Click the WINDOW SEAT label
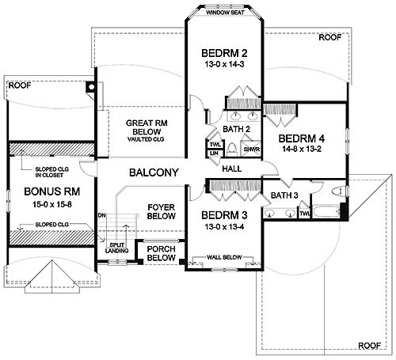(x=225, y=13)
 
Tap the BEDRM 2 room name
(x=224, y=53)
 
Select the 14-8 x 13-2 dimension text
(x=302, y=149)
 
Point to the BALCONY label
(x=154, y=172)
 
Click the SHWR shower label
(x=252, y=150)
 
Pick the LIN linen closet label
(x=214, y=153)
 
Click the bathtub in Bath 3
(x=326, y=211)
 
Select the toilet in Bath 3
(x=337, y=191)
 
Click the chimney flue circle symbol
(x=91, y=86)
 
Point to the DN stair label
(x=102, y=215)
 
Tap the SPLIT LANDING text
(x=117, y=248)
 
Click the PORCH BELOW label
(x=161, y=253)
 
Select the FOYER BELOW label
(x=162, y=211)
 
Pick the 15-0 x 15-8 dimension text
(x=52, y=204)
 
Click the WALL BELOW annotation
(x=224, y=257)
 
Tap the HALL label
(x=232, y=169)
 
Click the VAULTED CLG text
(x=146, y=139)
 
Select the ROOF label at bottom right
(x=369, y=346)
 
